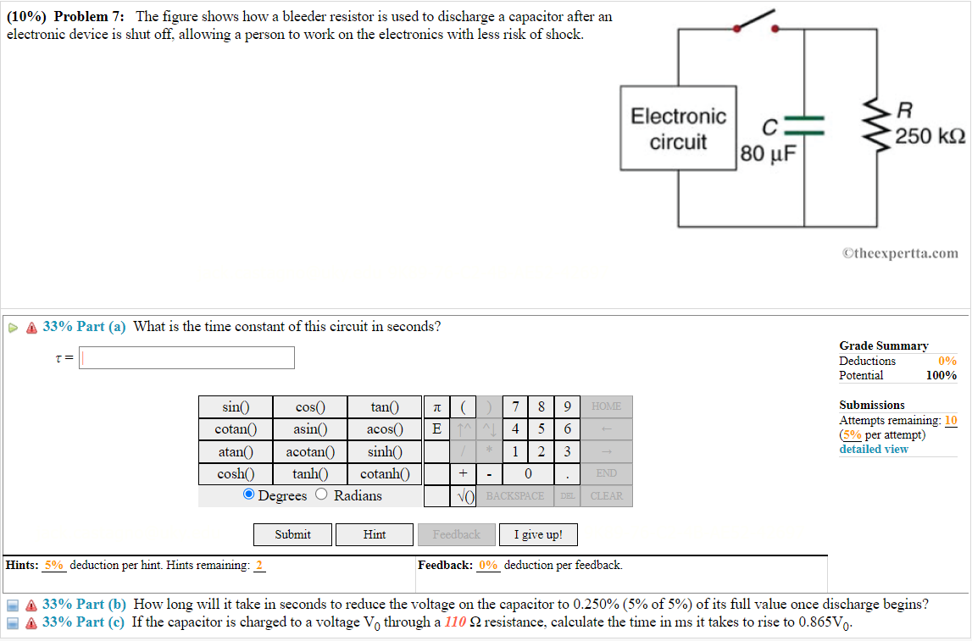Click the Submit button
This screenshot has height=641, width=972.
(x=292, y=534)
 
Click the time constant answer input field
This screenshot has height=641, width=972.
(x=187, y=358)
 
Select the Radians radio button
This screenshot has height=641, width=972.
(x=322, y=495)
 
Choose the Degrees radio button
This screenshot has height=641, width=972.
(x=248, y=495)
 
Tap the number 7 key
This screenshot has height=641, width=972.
(x=515, y=406)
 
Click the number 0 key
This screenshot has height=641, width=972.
(x=528, y=473)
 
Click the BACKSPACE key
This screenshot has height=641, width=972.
(x=515, y=496)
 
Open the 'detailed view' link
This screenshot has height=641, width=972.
(x=873, y=449)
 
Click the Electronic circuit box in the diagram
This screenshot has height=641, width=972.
(x=678, y=129)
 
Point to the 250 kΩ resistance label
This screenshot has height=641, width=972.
(x=930, y=136)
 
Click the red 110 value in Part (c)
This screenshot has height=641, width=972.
(x=456, y=622)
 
